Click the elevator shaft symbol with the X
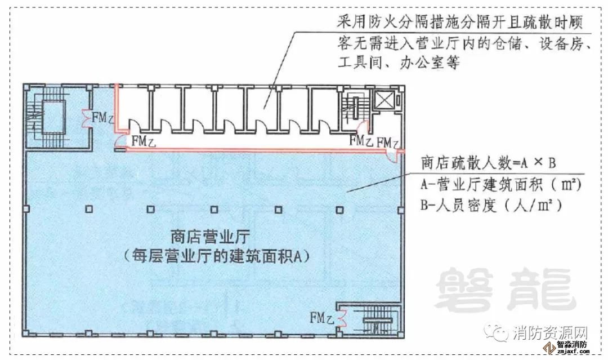coord(383,100)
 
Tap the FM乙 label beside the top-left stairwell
coord(102,117)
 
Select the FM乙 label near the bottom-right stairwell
coord(322,318)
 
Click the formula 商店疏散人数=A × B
coord(489,163)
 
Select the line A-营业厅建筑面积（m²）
coord(501,185)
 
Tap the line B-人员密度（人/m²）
coord(491,205)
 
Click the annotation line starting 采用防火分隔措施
coord(459,22)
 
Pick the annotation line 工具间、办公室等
coord(399,62)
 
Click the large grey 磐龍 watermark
coord(505,290)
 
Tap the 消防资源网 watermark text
coord(550,333)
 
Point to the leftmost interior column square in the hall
coord(89,209)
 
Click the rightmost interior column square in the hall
coord(339,210)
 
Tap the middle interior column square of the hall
coord(214,210)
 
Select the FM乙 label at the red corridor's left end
coord(144,141)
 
